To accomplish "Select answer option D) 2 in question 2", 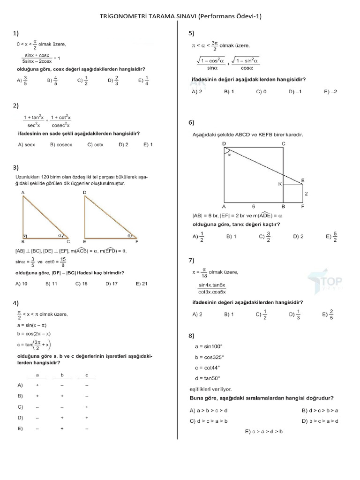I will click(124, 145).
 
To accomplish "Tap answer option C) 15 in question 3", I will click(82, 284).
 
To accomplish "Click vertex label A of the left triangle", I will click(23, 193).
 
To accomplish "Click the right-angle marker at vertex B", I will click(25, 237).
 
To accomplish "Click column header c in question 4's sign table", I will click(87, 375).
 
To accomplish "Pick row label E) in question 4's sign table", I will click(20, 428).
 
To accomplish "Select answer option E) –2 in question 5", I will click(330, 92).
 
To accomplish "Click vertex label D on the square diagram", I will click(224, 143).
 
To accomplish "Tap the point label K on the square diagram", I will click(280, 184).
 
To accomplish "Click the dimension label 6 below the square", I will click(254, 206).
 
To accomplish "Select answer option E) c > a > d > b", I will click(263, 432).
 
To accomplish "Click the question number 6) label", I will click(191, 123).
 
